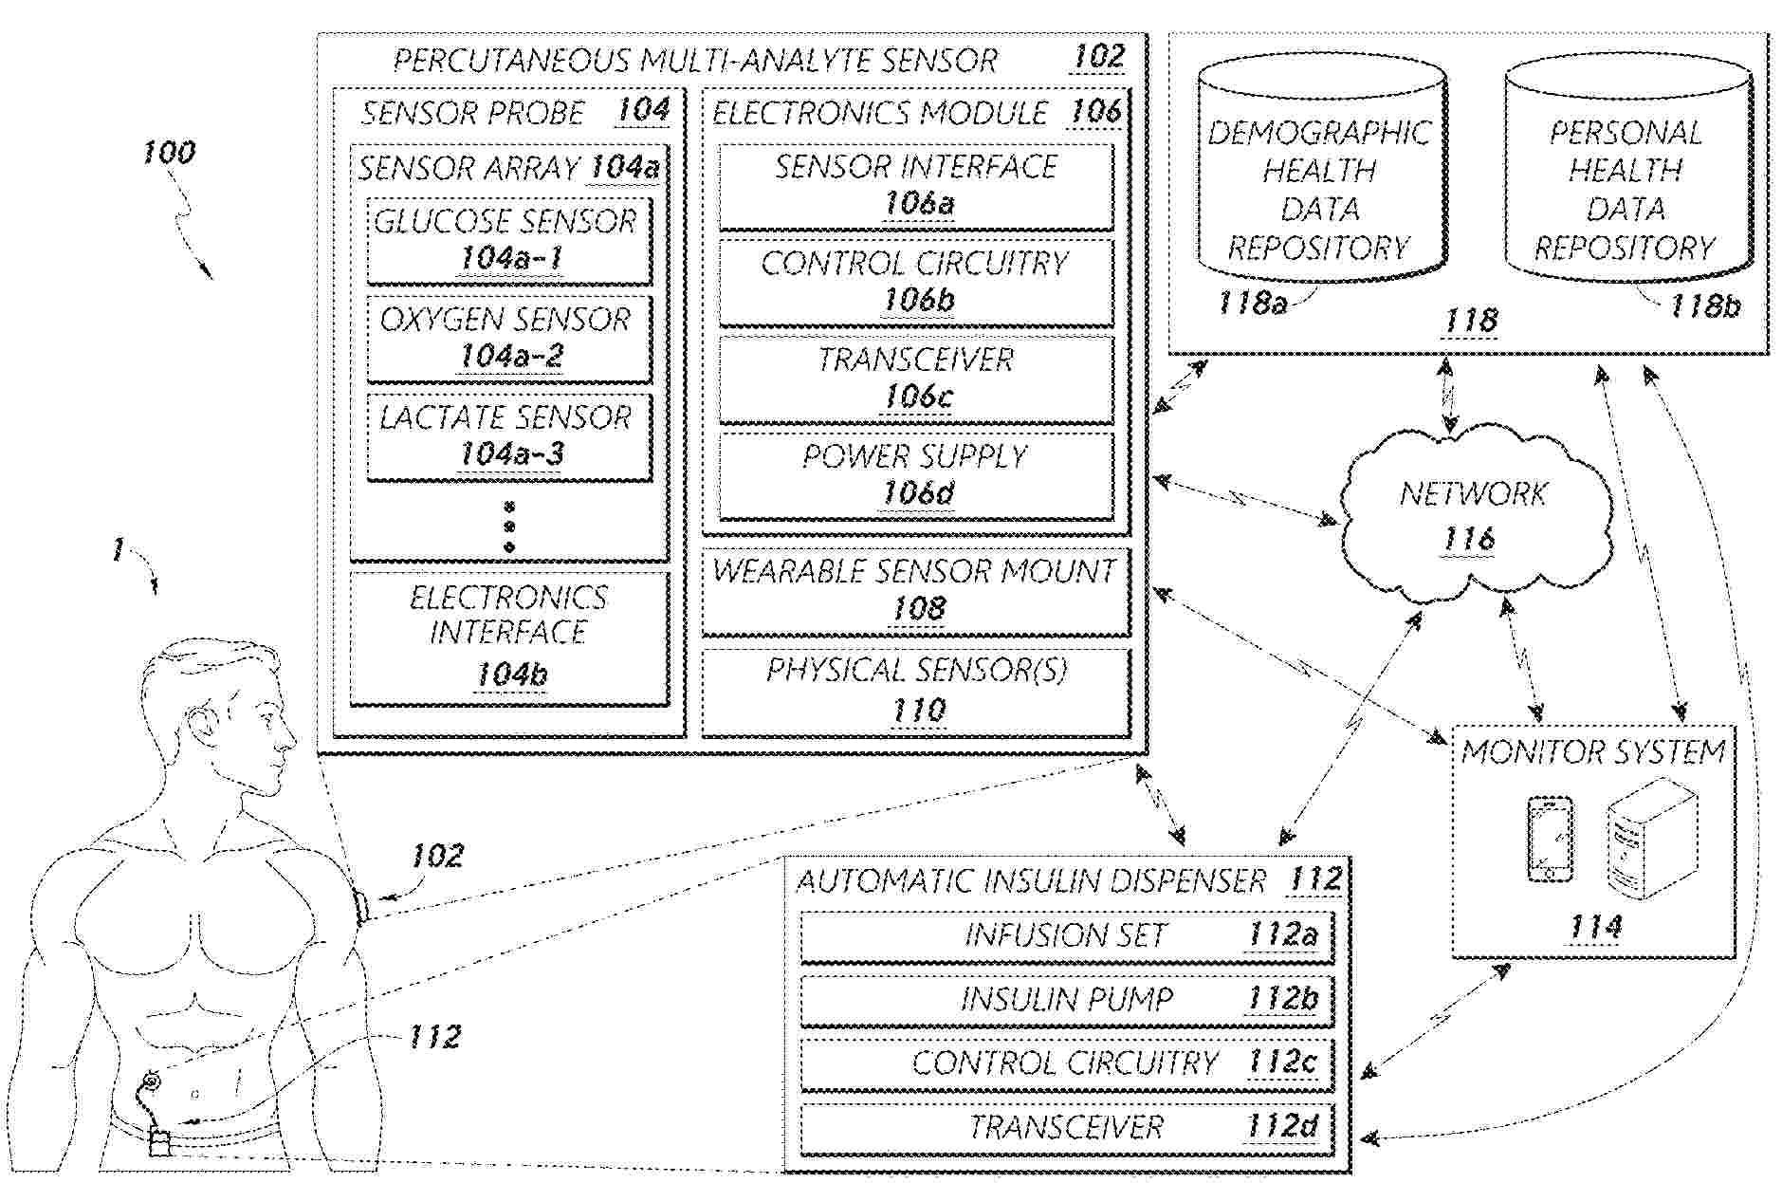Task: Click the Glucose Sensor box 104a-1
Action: pos(509,240)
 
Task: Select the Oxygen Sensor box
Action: pos(509,338)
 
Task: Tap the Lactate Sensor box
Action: pos(509,436)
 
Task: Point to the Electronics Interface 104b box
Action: pos(509,638)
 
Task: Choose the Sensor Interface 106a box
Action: pos(915,186)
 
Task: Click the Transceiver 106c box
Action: pos(915,379)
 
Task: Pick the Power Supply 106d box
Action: pos(915,475)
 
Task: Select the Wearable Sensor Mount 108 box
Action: pos(915,591)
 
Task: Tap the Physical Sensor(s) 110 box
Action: pos(915,691)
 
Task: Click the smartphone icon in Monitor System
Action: pos(1550,839)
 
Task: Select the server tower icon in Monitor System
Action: pos(1649,839)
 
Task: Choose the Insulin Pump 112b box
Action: pos(1067,1000)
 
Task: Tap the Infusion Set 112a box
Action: pos(1067,936)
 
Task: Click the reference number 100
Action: pos(169,153)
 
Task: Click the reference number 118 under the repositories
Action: pos(1470,321)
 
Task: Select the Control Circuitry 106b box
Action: pos(915,282)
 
